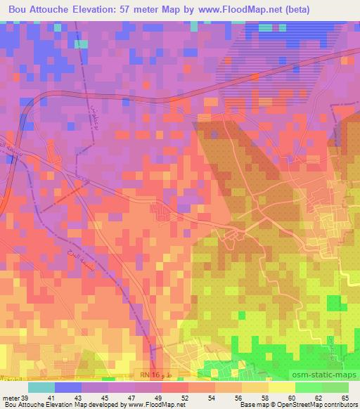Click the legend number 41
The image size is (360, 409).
click(x=69, y=397)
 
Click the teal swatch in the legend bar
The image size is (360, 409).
click(x=41, y=387)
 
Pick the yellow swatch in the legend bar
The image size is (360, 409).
click(x=281, y=387)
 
